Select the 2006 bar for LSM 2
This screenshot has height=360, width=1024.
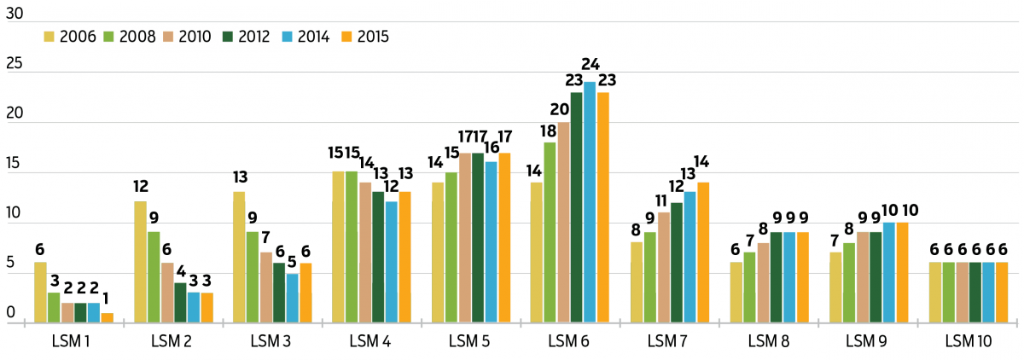pyautogui.click(x=140, y=262)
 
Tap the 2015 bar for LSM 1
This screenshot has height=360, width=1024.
pyautogui.click(x=107, y=318)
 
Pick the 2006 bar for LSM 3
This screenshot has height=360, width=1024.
pyautogui.click(x=240, y=257)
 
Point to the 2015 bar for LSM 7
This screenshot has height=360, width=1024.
pyautogui.click(x=703, y=253)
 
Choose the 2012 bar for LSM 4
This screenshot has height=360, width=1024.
pyautogui.click(x=378, y=257)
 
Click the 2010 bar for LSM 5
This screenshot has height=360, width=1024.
pyautogui.click(x=464, y=237)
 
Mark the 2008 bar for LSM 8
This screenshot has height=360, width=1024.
pyautogui.click(x=749, y=287)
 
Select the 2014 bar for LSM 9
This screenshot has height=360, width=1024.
pyautogui.click(x=888, y=272)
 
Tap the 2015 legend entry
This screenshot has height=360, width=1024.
pyautogui.click(x=364, y=36)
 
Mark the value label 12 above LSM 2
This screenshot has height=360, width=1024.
pyautogui.click(x=140, y=186)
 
